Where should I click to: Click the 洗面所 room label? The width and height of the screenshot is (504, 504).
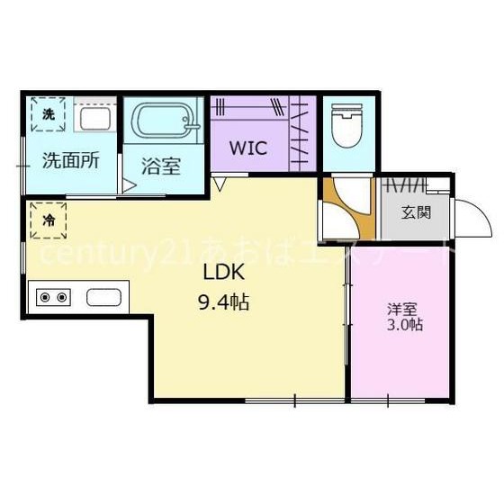click(x=71, y=160)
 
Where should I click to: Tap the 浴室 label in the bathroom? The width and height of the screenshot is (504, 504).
click(x=161, y=166)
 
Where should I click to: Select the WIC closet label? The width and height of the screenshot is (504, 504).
click(x=248, y=148)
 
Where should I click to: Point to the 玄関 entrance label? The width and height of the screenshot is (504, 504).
click(x=416, y=212)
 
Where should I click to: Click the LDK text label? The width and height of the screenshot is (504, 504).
click(x=224, y=272)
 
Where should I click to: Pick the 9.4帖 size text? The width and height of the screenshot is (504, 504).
click(x=224, y=302)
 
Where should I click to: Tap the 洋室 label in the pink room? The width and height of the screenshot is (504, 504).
click(x=402, y=310)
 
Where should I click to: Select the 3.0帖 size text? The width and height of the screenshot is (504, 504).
click(x=404, y=325)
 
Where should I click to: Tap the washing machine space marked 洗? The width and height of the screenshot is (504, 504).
click(x=49, y=114)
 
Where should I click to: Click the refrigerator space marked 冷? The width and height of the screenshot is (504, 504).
click(x=49, y=220)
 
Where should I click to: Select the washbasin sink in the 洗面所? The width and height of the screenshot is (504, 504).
click(x=95, y=119)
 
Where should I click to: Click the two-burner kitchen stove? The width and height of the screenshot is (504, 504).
click(x=53, y=297)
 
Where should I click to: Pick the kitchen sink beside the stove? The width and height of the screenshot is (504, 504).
click(x=103, y=297)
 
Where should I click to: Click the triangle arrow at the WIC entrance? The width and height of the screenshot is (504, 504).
click(x=220, y=184)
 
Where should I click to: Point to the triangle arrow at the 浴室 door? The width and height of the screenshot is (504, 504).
click(x=130, y=186)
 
